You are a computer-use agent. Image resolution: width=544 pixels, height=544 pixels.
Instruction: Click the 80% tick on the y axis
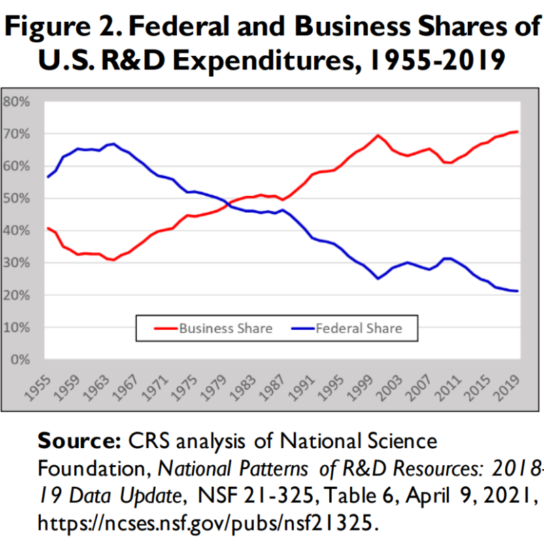coord(17,102)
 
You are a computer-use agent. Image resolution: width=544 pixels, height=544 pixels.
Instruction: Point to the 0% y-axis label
coord(20,360)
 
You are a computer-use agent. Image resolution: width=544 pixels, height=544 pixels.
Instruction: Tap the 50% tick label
coord(17,199)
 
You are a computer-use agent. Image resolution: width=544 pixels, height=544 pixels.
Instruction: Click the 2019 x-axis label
coord(508,384)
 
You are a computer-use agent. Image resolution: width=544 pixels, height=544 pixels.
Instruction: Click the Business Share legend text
coord(225,328)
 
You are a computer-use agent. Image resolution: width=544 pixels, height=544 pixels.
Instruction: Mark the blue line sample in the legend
coord(295,328)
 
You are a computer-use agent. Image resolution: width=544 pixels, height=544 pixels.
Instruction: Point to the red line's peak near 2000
coord(378,135)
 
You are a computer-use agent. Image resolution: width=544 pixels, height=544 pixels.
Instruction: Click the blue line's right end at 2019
coord(517,291)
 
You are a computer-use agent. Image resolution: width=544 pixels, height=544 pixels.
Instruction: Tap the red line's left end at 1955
coord(48,228)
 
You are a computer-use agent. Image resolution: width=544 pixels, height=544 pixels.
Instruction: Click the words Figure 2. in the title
coord(65,29)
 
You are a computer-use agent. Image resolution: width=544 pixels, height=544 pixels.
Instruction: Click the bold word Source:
coord(79,441)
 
